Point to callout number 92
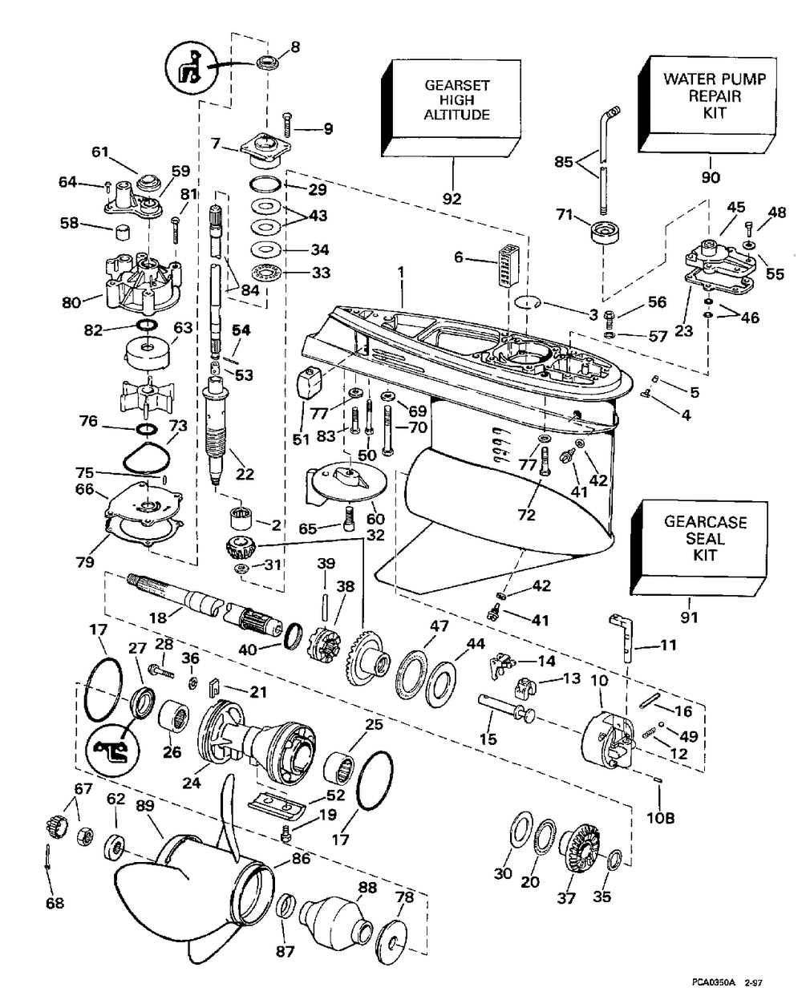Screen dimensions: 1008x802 pos(452,198)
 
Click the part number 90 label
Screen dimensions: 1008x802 pos(711,177)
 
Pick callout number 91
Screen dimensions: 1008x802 pos(690,617)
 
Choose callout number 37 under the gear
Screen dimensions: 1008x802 pos(567,898)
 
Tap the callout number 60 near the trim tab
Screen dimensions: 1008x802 pos(375,519)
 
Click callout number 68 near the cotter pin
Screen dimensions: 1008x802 pos(55,904)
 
